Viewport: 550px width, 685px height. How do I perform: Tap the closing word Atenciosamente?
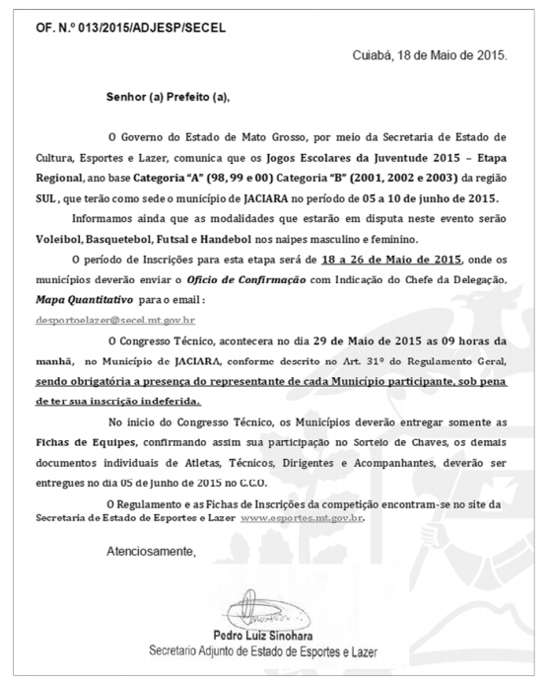pos(151,551)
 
